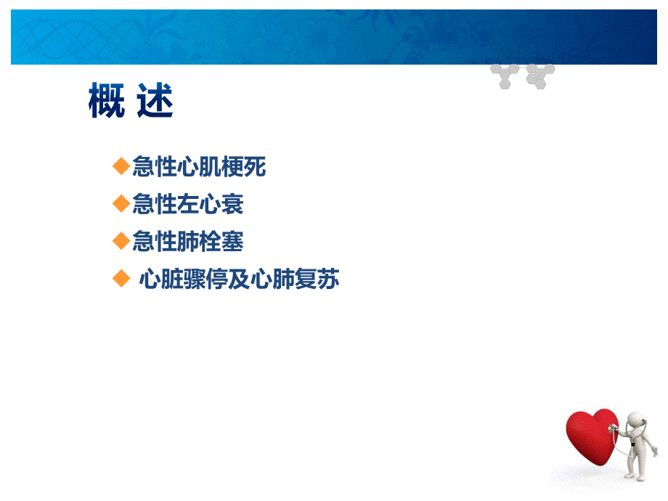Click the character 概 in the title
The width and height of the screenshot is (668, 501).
(106, 101)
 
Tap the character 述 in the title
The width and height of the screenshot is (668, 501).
(155, 101)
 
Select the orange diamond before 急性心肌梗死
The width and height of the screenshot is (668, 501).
(121, 167)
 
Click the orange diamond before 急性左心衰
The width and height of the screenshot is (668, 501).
(121, 204)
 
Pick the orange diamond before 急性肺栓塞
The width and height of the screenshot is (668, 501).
(121, 241)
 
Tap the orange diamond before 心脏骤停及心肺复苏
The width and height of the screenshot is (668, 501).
(121, 279)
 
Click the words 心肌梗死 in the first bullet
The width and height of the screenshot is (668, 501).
(221, 168)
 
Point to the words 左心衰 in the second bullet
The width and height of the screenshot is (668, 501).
(211, 205)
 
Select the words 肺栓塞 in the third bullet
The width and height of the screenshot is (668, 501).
(211, 242)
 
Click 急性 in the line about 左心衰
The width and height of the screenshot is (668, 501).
(155, 205)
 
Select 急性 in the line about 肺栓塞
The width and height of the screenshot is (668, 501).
(155, 242)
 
